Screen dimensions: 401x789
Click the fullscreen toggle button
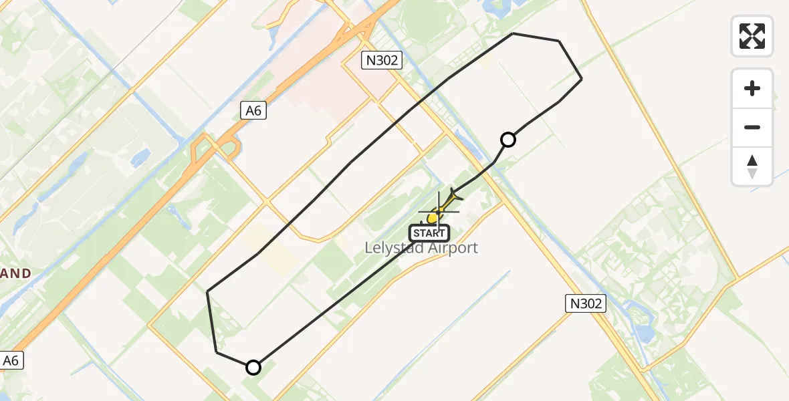point(752,36)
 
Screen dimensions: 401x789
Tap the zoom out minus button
point(752,127)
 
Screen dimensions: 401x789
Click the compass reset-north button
point(752,166)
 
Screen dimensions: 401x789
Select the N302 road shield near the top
point(382,60)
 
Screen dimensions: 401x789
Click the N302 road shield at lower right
point(586,304)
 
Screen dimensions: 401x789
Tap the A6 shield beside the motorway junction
point(253,110)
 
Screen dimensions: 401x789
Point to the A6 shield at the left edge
point(11,361)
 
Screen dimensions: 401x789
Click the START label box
point(429,233)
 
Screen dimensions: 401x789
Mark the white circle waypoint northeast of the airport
point(508,140)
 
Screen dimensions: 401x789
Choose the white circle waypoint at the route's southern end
point(253,367)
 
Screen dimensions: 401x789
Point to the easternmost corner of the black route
point(582,79)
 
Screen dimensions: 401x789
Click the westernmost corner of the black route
point(208,291)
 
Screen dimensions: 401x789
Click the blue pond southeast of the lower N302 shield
point(645,332)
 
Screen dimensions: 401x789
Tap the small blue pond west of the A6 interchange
point(141,158)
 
